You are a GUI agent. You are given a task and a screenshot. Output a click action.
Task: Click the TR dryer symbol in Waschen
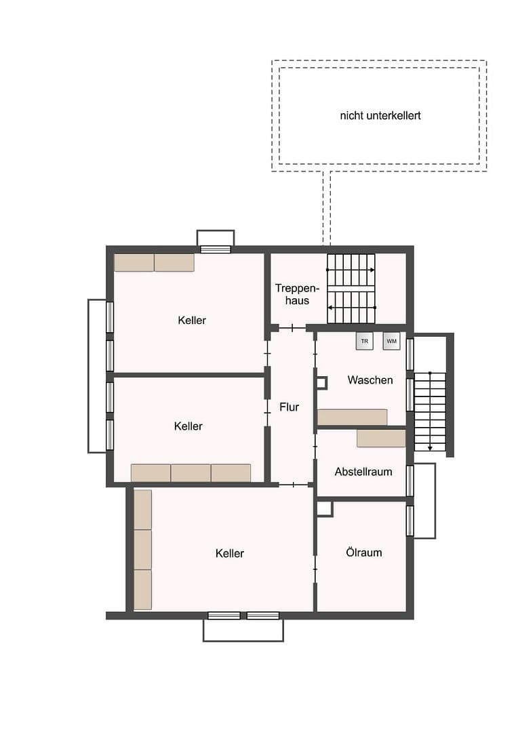tap(364, 341)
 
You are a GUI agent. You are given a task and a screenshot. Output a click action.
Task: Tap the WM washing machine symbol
tap(391, 341)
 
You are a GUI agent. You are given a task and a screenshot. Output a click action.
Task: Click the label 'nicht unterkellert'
tap(380, 116)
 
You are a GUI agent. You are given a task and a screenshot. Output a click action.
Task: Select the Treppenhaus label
tap(292, 294)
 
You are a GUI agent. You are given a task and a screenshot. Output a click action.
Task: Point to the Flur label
tap(289, 407)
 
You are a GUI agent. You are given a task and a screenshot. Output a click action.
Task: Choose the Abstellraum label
tap(363, 472)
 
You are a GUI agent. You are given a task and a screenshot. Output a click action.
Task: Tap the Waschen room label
tap(370, 380)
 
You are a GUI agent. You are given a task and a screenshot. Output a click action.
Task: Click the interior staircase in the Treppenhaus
tap(351, 289)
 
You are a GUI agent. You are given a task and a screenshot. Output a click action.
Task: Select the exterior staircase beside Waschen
tap(430, 411)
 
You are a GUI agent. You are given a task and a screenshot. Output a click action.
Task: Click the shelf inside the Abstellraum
tap(380, 439)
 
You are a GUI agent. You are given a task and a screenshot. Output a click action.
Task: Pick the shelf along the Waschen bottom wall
tap(352, 417)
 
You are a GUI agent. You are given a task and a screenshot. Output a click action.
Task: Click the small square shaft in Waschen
tap(321, 383)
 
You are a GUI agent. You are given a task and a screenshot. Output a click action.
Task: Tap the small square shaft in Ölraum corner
tap(324, 508)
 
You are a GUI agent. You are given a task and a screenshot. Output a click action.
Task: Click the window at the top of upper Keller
tap(216, 249)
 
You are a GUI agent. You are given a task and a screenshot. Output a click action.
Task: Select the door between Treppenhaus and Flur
tap(292, 328)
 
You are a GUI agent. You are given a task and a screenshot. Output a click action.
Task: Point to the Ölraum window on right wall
tap(410, 521)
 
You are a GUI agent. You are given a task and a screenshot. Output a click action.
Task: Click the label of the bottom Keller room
tap(229, 554)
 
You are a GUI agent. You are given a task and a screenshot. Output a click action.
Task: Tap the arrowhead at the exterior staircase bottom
tap(430, 448)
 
